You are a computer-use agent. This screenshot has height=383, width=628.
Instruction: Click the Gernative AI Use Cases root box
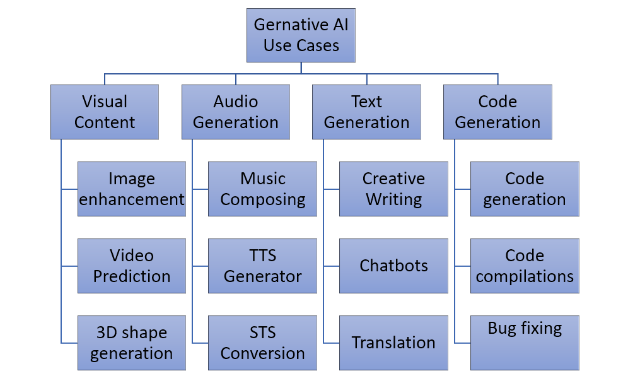(301, 35)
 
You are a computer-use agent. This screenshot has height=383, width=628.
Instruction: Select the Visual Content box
(105, 112)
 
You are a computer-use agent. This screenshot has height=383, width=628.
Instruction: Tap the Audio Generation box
(236, 112)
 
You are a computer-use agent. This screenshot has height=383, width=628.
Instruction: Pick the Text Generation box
(366, 112)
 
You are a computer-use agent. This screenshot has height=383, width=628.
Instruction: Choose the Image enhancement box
(132, 189)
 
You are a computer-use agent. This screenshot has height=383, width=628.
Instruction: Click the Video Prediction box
(132, 266)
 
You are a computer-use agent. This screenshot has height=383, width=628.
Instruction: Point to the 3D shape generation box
(132, 343)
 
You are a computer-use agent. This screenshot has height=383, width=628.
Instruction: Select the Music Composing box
(263, 189)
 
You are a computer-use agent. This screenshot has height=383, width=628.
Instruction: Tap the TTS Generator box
(263, 266)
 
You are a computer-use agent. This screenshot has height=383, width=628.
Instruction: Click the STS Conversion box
(263, 343)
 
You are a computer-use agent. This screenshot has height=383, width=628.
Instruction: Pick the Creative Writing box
(393, 189)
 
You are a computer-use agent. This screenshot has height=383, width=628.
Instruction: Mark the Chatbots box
(393, 266)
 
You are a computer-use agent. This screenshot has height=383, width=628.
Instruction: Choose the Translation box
(393, 343)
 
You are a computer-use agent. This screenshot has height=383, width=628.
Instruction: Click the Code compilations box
(525, 266)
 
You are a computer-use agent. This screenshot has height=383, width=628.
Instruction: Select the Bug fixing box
(525, 343)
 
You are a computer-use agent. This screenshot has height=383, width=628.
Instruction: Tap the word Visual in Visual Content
(105, 102)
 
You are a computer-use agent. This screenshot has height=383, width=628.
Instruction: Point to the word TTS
(263, 256)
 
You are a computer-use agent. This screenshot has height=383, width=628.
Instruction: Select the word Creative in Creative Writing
(393, 179)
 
